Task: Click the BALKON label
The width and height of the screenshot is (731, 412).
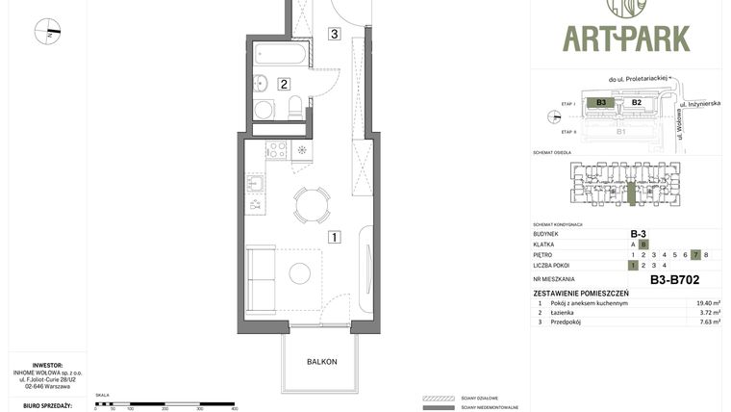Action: [x=321, y=362]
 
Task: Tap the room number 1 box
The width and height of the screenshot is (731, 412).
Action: [x=334, y=237]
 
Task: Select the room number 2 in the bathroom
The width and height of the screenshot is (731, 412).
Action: [x=284, y=84]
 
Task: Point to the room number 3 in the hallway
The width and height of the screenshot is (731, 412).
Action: [x=334, y=35]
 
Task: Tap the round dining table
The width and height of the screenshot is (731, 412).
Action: [x=311, y=204]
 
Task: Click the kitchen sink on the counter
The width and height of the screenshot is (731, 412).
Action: [x=256, y=182]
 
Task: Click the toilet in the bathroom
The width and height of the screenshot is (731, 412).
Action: [x=296, y=105]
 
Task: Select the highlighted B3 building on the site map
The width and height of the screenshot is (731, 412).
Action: [x=601, y=102]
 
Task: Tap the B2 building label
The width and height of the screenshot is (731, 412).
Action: [x=636, y=102]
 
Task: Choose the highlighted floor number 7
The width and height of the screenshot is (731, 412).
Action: [x=695, y=255]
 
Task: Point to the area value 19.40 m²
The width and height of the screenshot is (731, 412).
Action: [x=708, y=303]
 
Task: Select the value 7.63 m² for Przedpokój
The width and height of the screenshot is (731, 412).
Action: [x=708, y=323]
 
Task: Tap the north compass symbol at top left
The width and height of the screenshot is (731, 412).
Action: [x=47, y=32]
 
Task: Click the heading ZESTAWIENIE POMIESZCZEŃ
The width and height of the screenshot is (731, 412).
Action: [x=581, y=293]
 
